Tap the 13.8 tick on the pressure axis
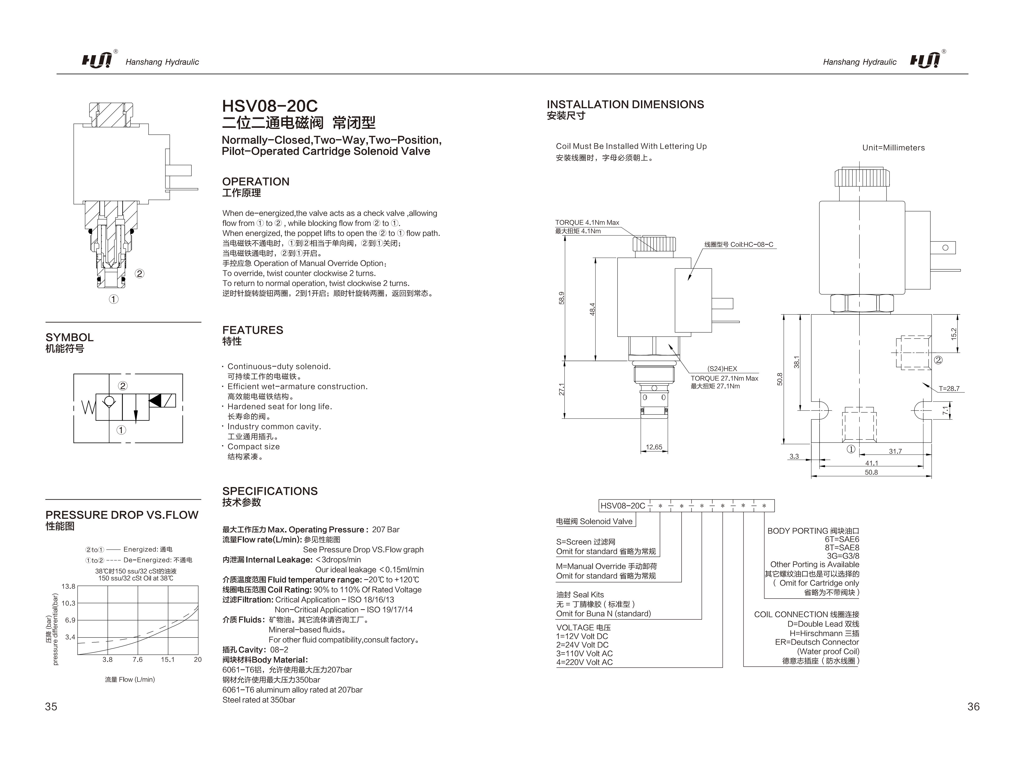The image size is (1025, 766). point(68,586)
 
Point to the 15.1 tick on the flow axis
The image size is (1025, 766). point(168,659)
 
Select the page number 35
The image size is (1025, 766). point(51,706)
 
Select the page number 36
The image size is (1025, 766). point(973,706)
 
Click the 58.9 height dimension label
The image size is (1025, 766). point(562,298)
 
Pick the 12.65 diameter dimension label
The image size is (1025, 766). point(654,447)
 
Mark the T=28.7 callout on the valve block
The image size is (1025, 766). point(949,388)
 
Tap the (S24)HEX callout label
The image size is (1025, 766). point(722,369)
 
